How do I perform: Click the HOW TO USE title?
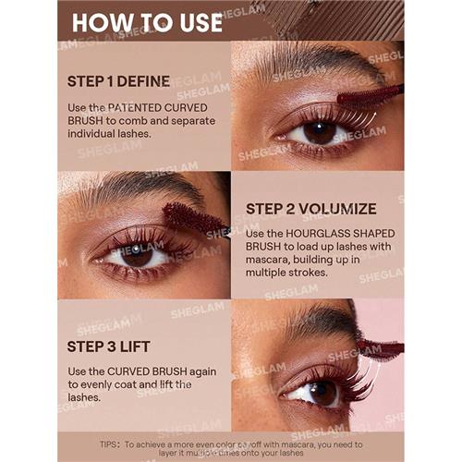click(147, 21)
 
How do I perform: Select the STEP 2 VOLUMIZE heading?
click(311, 209)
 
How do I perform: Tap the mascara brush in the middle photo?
click(191, 217)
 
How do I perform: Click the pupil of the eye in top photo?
click(321, 131)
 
